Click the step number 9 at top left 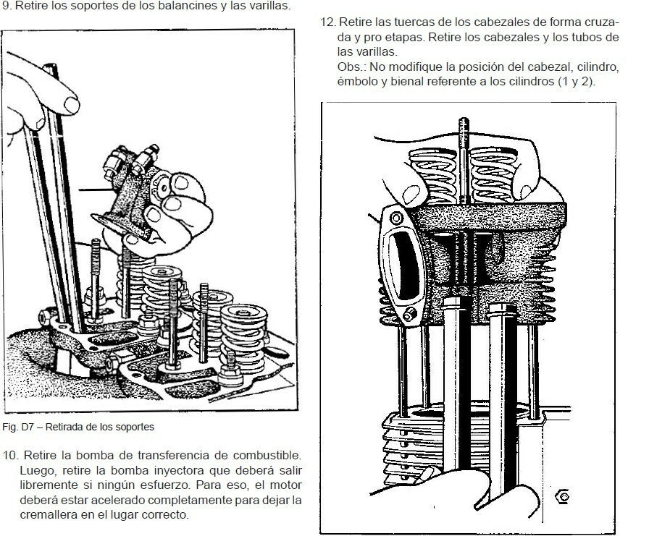6,7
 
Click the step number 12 327,22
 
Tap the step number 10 11,456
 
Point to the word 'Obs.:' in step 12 351,67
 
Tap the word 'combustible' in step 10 267,456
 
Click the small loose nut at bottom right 561,496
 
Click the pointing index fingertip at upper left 72,104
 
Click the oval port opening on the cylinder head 403,265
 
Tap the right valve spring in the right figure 493,175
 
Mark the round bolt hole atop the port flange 396,218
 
